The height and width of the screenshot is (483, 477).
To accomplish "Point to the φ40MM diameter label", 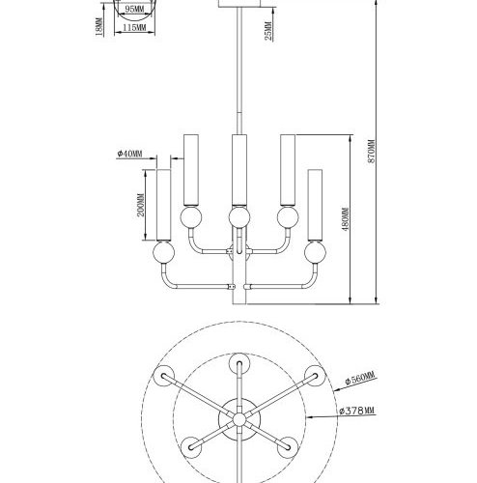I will point(129,154).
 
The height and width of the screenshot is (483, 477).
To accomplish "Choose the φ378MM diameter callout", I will point(359,412).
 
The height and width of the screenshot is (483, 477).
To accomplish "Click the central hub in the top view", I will point(235,417).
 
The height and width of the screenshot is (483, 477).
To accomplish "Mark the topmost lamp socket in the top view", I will point(235,364).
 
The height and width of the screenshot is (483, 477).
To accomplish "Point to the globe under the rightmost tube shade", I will point(314,255).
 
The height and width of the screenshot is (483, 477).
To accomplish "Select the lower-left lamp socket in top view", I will point(191,443).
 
